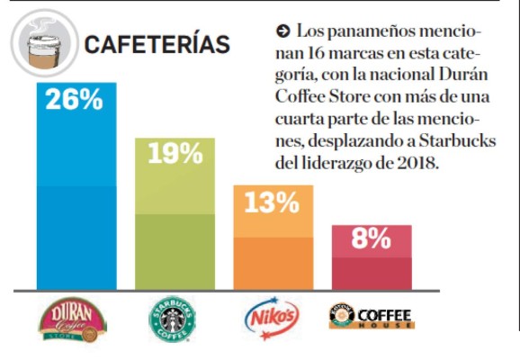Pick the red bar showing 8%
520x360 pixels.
coord(372,265)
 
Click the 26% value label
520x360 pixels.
coord(75,99)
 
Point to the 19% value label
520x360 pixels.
coord(175,154)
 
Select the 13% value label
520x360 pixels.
coord(273,202)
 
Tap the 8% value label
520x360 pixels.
coord(372,239)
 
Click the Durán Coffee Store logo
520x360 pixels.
coord(74,319)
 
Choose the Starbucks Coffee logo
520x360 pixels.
coord(175,319)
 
